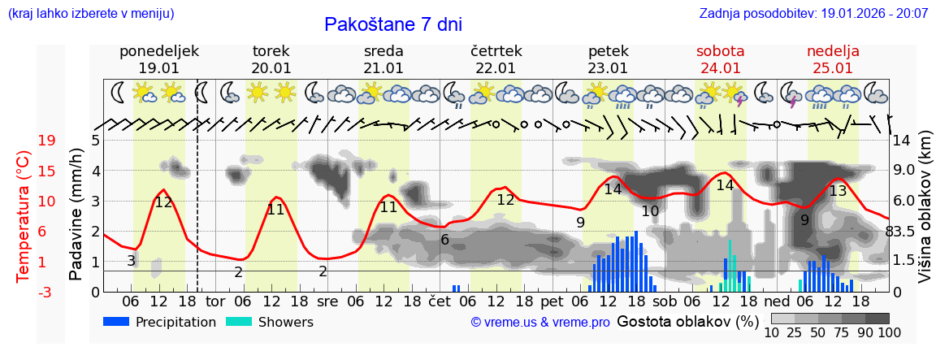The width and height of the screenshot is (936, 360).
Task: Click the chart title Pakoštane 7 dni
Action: click(392, 24)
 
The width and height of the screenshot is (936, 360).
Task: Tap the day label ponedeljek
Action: click(158, 51)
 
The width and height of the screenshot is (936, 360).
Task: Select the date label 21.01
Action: click(383, 68)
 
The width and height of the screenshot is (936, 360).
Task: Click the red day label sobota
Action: click(720, 51)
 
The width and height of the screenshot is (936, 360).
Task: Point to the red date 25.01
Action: click(833, 68)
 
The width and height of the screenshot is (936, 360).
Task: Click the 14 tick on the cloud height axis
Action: click(903, 141)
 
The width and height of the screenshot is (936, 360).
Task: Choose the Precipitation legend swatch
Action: click(117, 322)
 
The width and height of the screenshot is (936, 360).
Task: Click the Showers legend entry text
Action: click(285, 323)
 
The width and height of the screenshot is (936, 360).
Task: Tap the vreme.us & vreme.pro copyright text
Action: click(540, 323)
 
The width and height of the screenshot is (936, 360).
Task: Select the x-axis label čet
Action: click(439, 301)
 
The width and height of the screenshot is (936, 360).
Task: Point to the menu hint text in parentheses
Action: click(90, 14)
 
